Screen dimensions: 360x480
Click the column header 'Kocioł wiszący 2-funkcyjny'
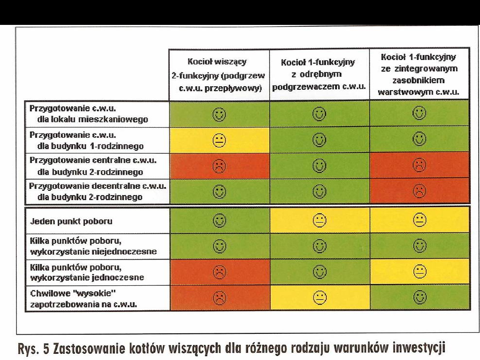pos(218,74)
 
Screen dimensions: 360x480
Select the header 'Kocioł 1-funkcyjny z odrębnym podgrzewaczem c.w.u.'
pos(319,74)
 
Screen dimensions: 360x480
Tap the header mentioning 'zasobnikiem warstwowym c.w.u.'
pos(419,74)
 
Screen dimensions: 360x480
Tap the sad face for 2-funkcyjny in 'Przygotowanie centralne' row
pos(219,166)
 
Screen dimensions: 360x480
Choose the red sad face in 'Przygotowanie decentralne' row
pos(419,192)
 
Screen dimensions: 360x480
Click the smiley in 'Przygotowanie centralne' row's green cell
pos(319,166)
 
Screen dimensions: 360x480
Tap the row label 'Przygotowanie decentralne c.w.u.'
pos(97,187)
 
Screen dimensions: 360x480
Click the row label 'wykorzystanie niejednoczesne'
pos(93,252)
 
